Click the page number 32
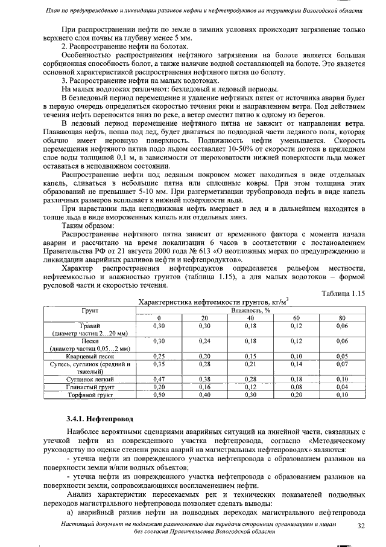coord(362,526)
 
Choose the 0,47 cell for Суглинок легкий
coord(159,379)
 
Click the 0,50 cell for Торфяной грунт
coord(159,395)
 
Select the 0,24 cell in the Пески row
coord(204,341)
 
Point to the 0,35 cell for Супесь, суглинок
coord(159,364)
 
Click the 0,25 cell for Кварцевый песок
coord(159,356)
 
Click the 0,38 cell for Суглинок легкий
coord(204,379)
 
